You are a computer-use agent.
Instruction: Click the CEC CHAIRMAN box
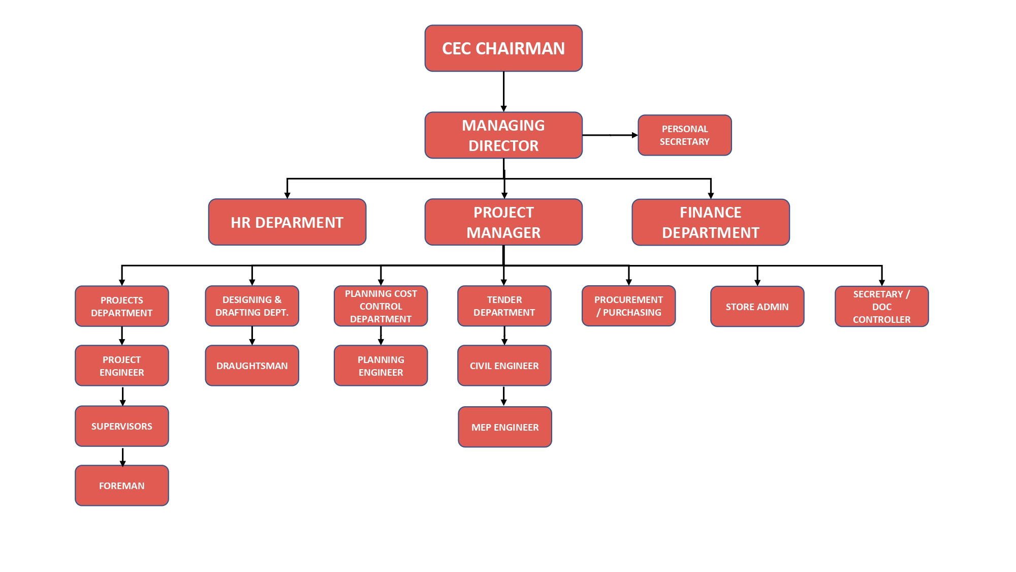(x=503, y=48)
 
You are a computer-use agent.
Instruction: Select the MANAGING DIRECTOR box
(x=503, y=135)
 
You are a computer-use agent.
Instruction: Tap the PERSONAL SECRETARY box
(x=684, y=135)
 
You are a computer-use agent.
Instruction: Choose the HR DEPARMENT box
(x=287, y=222)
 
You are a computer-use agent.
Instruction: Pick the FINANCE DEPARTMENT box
(x=710, y=222)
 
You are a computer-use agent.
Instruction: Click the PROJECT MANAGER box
(x=503, y=222)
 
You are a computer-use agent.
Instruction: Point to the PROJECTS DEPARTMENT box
(x=122, y=306)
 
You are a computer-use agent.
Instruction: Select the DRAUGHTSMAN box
(x=252, y=366)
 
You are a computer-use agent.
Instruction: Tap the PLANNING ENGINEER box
(x=380, y=366)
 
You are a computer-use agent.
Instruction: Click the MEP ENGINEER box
(x=505, y=427)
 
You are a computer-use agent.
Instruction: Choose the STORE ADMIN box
(x=757, y=307)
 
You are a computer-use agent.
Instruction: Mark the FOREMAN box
(x=122, y=486)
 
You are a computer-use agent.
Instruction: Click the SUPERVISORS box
(x=122, y=426)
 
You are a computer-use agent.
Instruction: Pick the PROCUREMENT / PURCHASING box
(x=628, y=306)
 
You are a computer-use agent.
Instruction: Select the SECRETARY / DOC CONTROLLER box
(x=881, y=307)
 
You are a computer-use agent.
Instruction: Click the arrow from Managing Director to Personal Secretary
(x=610, y=135)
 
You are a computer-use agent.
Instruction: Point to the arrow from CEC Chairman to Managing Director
(x=503, y=92)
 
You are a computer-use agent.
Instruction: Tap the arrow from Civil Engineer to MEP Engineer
(x=503, y=396)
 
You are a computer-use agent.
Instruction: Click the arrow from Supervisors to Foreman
(x=122, y=456)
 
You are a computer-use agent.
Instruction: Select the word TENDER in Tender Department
(x=504, y=300)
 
